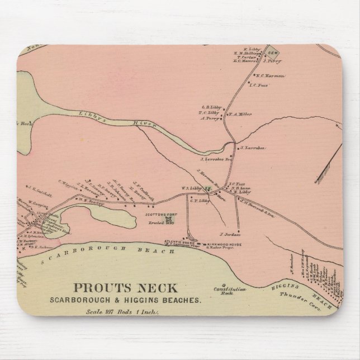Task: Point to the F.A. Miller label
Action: tap(240, 115)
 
